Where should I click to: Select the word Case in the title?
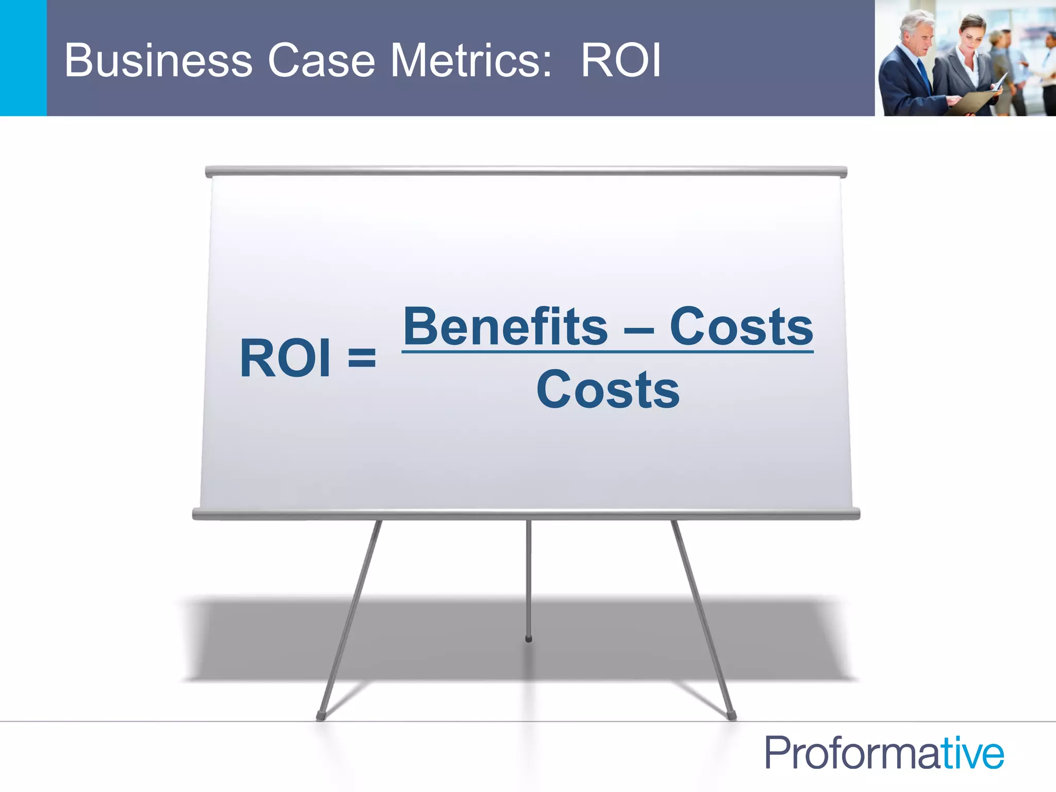321,61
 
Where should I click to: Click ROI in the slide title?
620,61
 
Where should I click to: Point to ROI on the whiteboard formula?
285,358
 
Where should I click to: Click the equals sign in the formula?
362,357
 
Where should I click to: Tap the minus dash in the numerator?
639,331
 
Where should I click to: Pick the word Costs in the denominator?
608,390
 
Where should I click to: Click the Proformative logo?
884,753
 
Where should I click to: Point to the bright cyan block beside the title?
23,58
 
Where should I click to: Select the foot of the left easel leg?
321,716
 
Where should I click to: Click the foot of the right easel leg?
731,716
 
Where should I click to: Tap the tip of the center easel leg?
529,639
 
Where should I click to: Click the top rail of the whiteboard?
526,172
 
